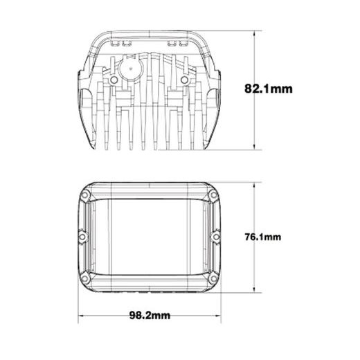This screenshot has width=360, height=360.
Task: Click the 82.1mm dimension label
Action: coord(269,89)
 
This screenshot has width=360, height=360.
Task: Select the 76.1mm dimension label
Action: coord(263,237)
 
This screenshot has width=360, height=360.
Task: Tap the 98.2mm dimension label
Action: coord(150,315)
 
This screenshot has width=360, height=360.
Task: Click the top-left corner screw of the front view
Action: coord(85,195)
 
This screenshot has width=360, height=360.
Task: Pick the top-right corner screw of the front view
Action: coord(213,195)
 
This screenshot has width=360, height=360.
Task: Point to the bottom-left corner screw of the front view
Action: coord(85,279)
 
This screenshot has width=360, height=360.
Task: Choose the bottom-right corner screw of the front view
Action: coord(213,279)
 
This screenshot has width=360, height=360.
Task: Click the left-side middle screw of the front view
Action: coord(82,237)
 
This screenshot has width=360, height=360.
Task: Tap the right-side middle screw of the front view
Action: coord(216,237)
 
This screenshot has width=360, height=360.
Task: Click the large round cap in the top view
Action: coord(131,69)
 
